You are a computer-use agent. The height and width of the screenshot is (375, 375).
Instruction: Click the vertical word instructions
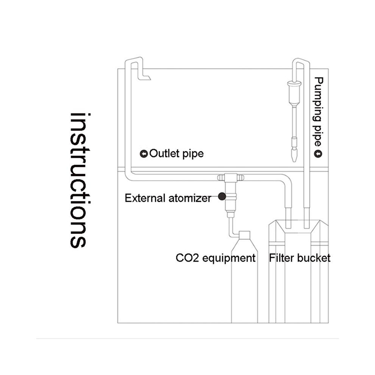[x=80, y=180]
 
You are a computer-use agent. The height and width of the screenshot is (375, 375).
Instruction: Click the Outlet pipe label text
[x=177, y=154]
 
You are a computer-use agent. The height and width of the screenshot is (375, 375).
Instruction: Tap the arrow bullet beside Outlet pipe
[x=144, y=154]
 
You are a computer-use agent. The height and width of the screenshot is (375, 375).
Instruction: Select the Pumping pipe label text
[x=319, y=111]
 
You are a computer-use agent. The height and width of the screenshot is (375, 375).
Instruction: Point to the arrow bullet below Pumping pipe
[x=318, y=153]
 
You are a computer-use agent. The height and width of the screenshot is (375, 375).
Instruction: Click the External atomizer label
[x=168, y=198]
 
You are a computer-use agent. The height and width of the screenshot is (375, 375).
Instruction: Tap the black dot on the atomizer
[x=222, y=196]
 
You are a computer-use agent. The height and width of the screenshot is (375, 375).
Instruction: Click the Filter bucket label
[x=300, y=258]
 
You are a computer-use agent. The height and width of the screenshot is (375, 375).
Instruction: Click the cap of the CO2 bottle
[x=245, y=235]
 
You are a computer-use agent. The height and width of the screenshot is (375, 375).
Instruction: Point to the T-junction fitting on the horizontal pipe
[x=231, y=177]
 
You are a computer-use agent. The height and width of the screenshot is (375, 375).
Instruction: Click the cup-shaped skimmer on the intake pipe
[x=294, y=93]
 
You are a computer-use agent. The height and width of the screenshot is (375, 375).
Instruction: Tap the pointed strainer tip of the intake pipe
[x=294, y=155]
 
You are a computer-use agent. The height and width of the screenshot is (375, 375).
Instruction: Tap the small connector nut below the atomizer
[x=231, y=214]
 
